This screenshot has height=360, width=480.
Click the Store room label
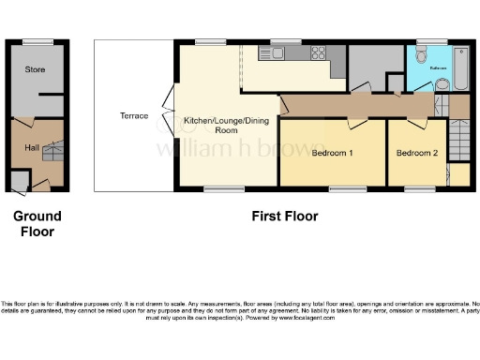point(35,69)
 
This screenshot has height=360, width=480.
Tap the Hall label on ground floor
point(31,147)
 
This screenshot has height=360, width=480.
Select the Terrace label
point(133,116)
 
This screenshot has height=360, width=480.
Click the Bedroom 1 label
point(332,153)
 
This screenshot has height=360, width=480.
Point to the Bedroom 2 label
point(415,153)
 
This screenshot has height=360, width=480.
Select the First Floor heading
point(284,217)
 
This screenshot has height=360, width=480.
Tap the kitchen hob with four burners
point(318,52)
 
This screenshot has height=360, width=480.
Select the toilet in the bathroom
point(442,84)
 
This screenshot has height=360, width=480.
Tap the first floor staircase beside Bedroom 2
point(457,146)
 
